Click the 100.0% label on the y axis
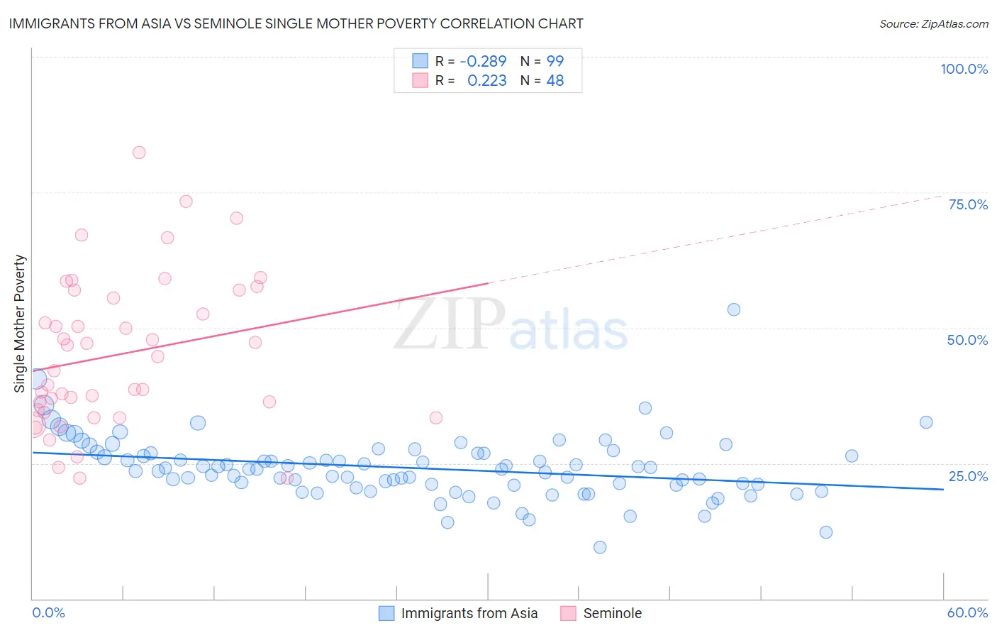[964, 69]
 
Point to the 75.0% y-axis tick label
[968, 204]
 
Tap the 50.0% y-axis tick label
[967, 340]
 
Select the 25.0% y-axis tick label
[968, 476]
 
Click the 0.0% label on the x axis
[48, 612]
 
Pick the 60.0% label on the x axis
[967, 612]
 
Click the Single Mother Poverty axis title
[20, 324]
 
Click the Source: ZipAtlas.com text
[933, 23]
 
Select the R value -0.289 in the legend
[483, 62]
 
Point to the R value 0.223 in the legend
[487, 81]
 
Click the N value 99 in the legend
[555, 62]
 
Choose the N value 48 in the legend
[555, 81]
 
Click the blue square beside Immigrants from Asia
[386, 613]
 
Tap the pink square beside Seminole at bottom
[568, 613]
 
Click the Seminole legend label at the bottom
[612, 613]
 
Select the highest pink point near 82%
[139, 153]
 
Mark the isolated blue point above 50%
[734, 309]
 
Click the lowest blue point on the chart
[600, 547]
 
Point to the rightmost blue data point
[926, 422]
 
